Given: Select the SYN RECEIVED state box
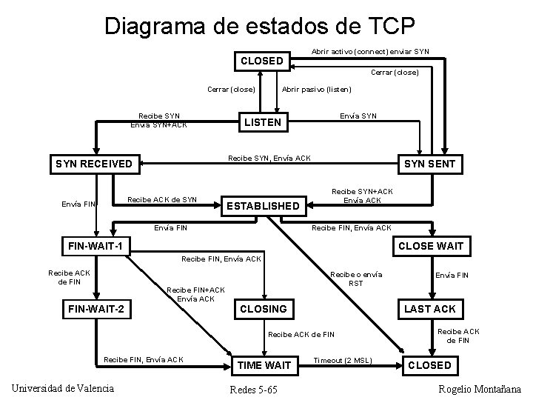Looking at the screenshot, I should click(x=94, y=164).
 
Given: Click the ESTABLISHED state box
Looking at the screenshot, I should click(x=263, y=205).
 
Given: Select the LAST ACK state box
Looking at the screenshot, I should click(x=430, y=308).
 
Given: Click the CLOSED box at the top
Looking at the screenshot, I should click(x=262, y=61).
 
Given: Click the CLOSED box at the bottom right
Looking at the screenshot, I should click(x=429, y=365).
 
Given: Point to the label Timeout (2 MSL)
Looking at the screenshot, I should click(x=342, y=360).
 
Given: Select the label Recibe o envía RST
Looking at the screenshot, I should click(x=356, y=279).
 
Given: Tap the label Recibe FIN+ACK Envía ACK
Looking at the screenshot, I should click(x=196, y=294).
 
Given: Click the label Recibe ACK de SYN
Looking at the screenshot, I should click(x=163, y=199).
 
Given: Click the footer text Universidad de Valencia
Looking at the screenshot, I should click(x=63, y=389).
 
